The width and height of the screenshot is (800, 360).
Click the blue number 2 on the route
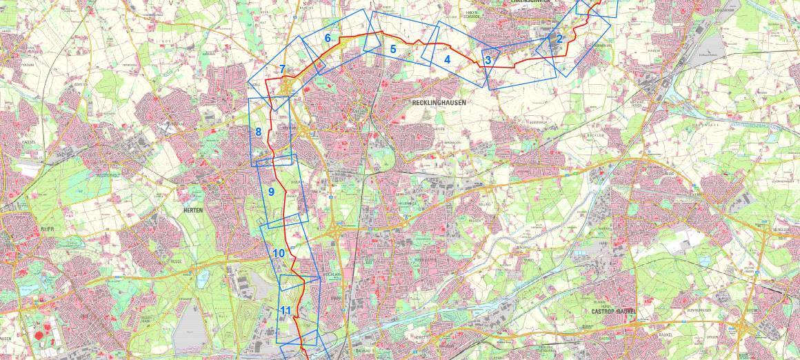click(x=559, y=39)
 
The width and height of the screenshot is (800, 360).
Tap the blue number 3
click(x=488, y=60)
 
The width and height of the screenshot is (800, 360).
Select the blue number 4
click(x=447, y=59)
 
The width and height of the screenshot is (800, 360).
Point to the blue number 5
click(x=393, y=49)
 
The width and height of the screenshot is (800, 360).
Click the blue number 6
click(x=328, y=38)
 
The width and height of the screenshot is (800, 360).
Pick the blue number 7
click(x=283, y=69)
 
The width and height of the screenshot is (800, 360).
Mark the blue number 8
click(x=258, y=132)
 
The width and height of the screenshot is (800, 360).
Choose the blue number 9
click(x=271, y=192)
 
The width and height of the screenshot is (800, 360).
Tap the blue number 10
click(x=279, y=253)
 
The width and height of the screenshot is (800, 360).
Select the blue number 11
click(x=286, y=311)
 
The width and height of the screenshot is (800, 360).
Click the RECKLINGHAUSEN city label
click(x=439, y=102)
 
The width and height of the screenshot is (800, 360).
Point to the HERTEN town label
click(x=193, y=210)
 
